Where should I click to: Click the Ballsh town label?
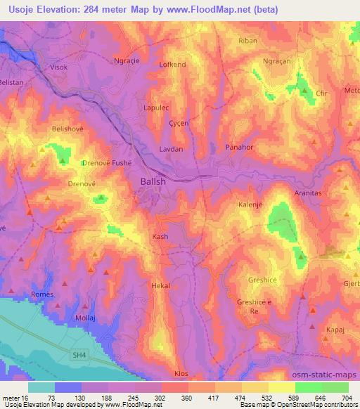point(149,181)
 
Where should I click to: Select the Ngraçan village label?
point(276,61)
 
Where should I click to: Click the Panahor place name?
point(238,148)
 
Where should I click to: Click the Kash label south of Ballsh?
point(160,237)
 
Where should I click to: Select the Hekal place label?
point(161,286)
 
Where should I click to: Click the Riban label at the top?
point(248,41)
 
